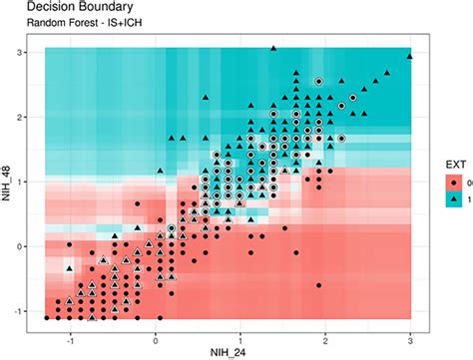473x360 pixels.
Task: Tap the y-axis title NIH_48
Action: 7,182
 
